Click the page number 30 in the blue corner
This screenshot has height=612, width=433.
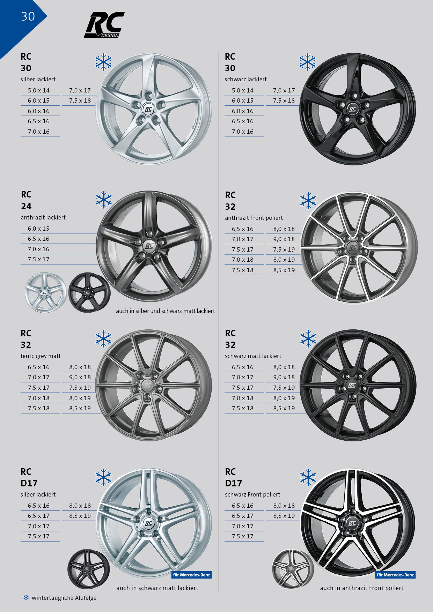pos(28,16)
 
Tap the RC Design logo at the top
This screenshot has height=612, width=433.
pos(104,25)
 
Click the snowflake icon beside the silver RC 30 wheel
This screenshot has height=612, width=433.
pos(104,62)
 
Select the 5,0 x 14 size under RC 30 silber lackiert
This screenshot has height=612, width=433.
pos(39,90)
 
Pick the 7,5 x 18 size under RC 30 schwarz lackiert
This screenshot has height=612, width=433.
pos(284,100)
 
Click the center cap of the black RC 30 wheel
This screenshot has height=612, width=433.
pos(352,109)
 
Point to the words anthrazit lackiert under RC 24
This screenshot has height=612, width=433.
pos(43,217)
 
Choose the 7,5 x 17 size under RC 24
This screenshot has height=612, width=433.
pos(39,259)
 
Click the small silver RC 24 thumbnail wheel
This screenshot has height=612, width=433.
pos(46,293)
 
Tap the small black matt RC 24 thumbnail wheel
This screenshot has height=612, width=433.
pos(89,293)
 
